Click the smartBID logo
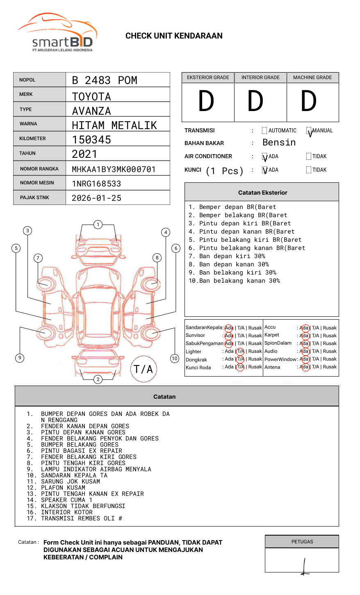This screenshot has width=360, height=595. [x=58, y=32]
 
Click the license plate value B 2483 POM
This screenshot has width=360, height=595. [x=105, y=80]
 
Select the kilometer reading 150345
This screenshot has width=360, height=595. [x=91, y=140]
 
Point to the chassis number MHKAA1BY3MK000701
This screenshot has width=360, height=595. [x=114, y=169]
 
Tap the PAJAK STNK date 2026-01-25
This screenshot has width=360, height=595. [x=96, y=198]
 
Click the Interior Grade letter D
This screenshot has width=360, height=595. [x=255, y=101]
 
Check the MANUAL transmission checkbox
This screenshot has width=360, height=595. [x=309, y=130]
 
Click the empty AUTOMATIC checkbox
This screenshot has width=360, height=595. [x=264, y=130]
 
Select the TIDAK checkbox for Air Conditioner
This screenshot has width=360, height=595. [x=309, y=156]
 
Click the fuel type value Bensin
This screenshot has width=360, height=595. [x=279, y=142]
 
